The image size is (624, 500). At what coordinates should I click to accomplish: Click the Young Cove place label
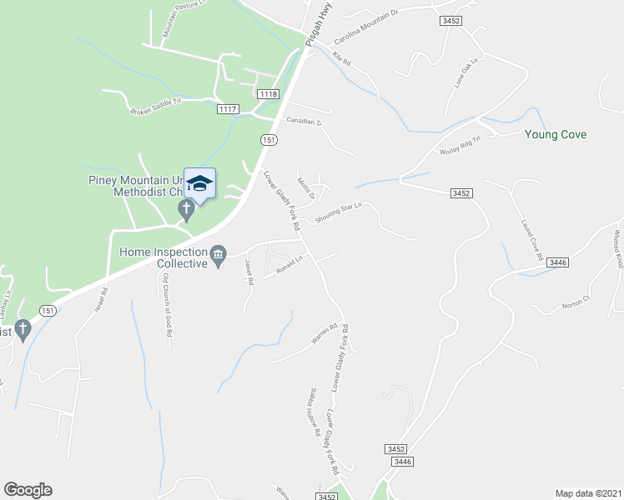[x=555, y=134]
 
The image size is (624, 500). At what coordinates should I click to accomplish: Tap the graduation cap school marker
[x=200, y=183]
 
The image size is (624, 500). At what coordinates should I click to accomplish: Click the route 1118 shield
[x=268, y=94]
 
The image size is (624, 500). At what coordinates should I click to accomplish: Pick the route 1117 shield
[x=228, y=109]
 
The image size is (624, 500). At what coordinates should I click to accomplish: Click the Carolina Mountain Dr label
[x=367, y=27]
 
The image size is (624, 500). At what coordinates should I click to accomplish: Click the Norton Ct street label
[x=576, y=298]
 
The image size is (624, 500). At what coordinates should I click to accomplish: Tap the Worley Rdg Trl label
[x=461, y=145]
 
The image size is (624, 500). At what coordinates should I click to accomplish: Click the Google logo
[x=28, y=490]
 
